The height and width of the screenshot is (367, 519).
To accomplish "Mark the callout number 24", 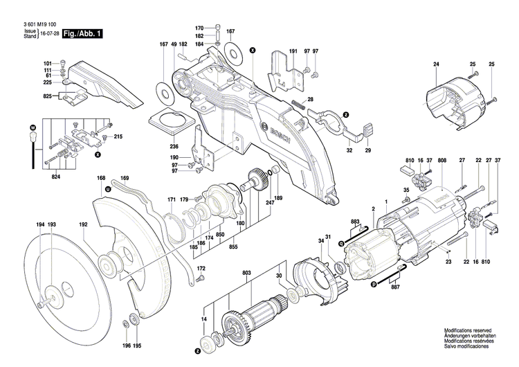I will (436, 64).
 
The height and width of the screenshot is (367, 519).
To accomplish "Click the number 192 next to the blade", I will (83, 225).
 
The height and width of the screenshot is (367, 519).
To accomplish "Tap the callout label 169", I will (125, 179).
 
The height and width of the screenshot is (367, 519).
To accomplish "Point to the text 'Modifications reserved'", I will (470, 332).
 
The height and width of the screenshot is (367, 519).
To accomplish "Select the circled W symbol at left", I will (32, 128).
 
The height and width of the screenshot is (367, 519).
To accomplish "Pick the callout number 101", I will (48, 64).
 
